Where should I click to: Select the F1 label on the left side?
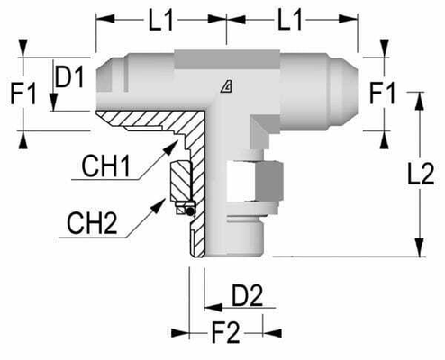coord(22,93)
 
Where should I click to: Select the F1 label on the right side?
coord(383,94)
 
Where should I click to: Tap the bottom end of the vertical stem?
coord(236,256)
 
